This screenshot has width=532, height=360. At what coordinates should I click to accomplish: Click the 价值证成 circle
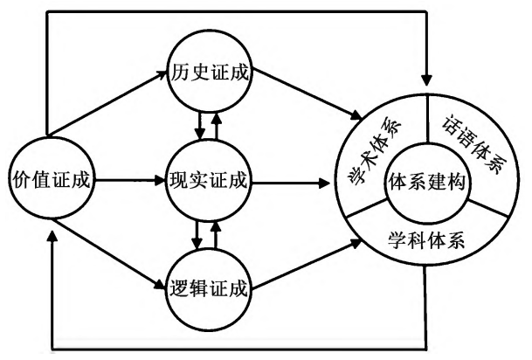click(50, 182)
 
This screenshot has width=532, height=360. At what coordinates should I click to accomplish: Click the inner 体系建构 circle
click(427, 183)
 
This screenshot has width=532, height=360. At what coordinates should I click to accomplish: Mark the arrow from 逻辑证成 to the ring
click(306, 267)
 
